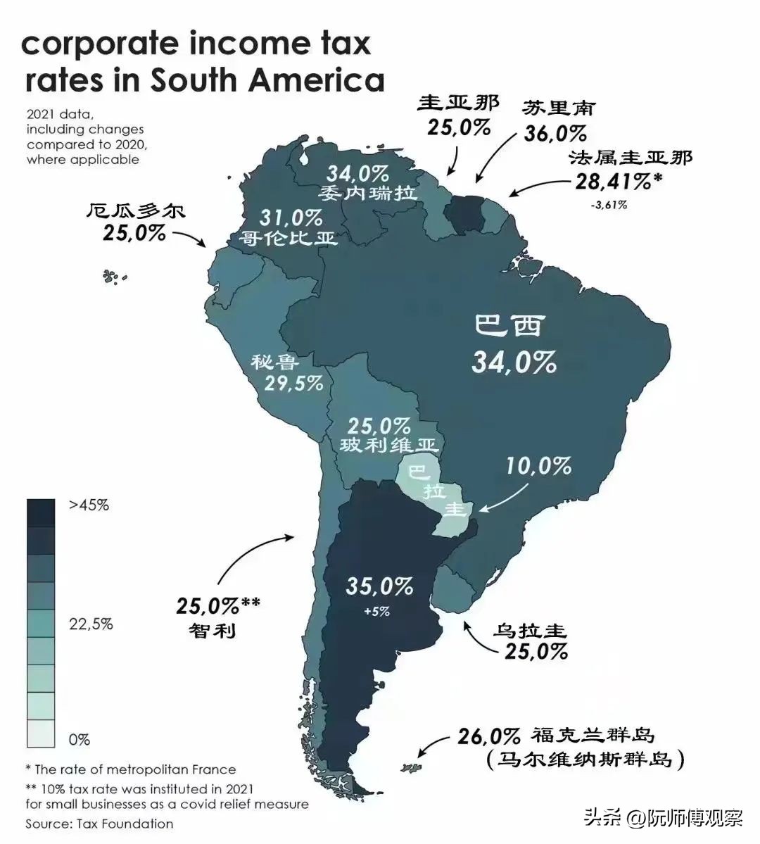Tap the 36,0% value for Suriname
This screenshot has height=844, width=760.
555,133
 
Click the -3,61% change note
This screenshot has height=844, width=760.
609,206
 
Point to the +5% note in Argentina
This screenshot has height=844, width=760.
376,612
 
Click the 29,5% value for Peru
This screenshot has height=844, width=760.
293,384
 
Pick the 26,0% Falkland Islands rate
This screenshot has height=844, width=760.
488,737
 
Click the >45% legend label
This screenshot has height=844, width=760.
89,505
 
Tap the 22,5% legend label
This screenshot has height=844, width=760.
90,624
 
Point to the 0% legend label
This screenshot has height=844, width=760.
79,740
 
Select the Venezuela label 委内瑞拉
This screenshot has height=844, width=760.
367,192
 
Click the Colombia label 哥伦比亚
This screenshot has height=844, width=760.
287,238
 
